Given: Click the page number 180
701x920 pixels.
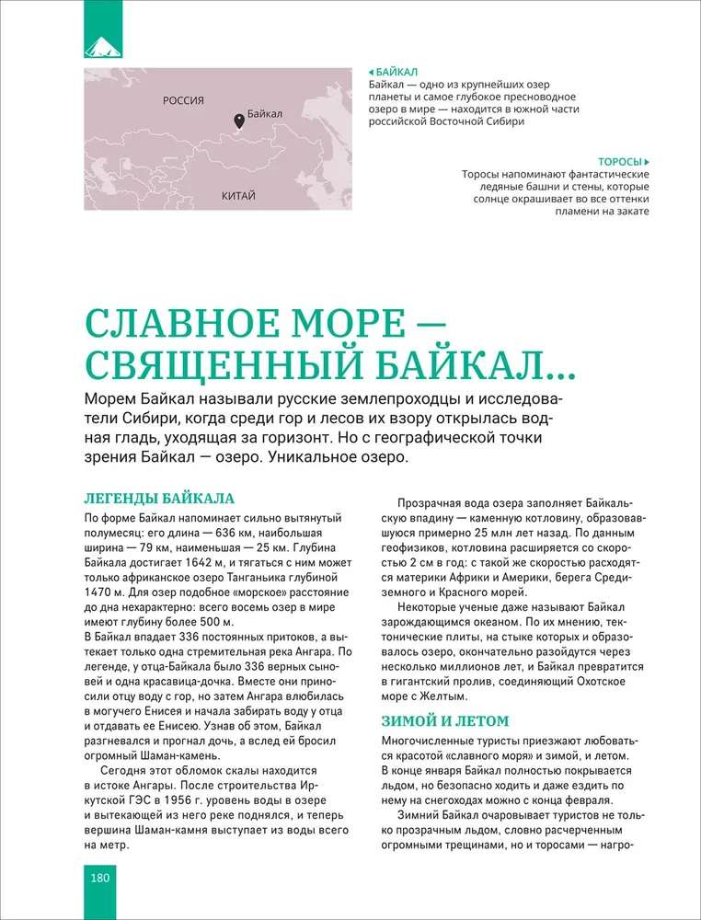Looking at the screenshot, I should click(100, 877).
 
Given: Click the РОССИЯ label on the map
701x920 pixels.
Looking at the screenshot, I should click(183, 100).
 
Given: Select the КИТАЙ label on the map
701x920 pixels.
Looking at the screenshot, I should click(238, 196).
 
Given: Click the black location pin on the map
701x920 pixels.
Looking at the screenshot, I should click(239, 121).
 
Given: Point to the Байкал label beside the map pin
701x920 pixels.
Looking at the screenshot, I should click(265, 114).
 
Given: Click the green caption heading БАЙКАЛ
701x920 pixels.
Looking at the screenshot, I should click(396, 71).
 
